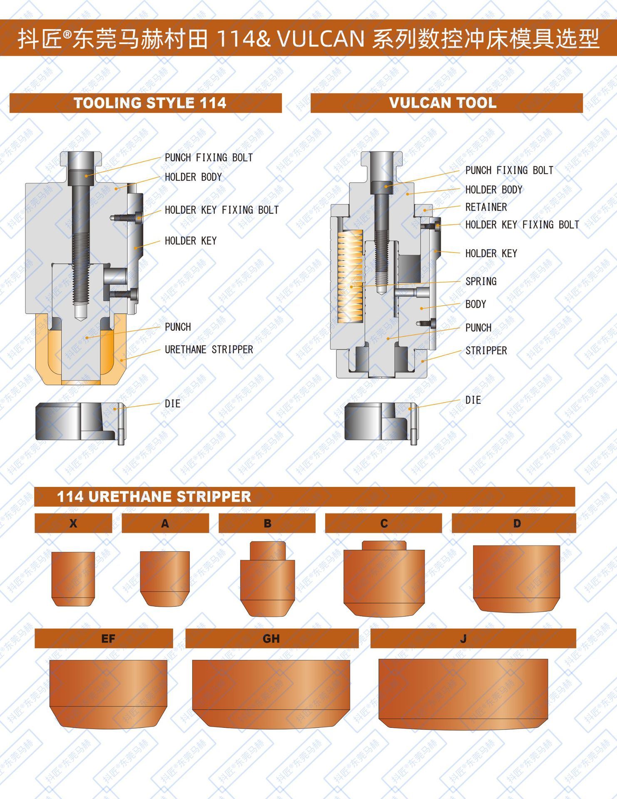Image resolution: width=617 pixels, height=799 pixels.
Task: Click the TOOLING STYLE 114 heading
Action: click(x=150, y=103)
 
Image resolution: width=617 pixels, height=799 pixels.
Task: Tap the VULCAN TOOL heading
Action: click(x=443, y=103)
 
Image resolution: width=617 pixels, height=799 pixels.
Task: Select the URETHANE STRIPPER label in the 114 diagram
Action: click(x=209, y=350)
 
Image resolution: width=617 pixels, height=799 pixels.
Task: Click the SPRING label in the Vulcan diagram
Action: click(x=481, y=281)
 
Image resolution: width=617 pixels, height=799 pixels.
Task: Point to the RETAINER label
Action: click(x=486, y=207)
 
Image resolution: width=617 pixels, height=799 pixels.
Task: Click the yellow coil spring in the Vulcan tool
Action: click(x=351, y=277)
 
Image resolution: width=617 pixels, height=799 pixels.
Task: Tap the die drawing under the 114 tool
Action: click(x=80, y=422)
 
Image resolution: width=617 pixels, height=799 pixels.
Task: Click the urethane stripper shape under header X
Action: click(x=73, y=579)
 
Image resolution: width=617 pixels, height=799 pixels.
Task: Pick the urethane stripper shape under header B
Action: click(x=268, y=578)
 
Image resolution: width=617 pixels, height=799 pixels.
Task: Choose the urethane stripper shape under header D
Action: click(x=516, y=579)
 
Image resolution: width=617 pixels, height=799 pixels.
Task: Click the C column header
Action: click(x=383, y=523)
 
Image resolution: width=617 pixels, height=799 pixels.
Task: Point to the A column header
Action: click(x=165, y=523)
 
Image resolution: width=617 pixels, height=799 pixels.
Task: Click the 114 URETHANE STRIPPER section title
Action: click(x=154, y=496)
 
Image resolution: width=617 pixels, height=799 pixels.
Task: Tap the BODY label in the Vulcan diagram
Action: click(x=476, y=304)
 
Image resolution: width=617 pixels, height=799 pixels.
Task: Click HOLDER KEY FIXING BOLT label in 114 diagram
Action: click(x=222, y=210)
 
